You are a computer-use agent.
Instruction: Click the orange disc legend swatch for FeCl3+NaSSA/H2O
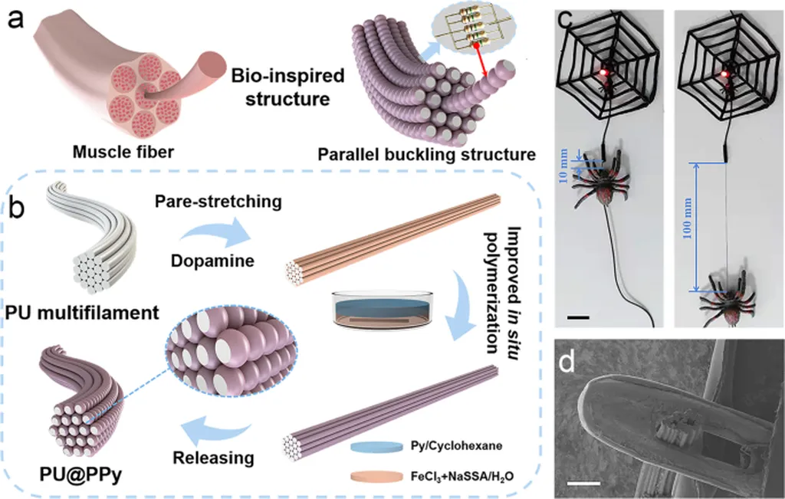click(376, 476)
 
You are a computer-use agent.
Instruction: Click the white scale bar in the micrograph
click(584, 483)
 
